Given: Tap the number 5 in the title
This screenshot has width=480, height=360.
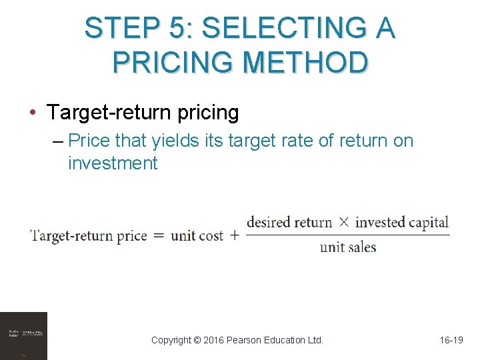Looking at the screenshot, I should pos(178,29).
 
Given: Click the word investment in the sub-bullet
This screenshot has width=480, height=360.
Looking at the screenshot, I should pos(113,163).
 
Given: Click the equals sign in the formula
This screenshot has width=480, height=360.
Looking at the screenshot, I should pos(159,235).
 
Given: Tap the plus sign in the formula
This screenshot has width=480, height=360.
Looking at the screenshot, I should pos(234,235).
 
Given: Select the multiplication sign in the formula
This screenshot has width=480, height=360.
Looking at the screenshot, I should pos(343,222).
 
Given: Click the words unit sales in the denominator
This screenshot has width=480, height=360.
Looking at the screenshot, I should pos(348,247).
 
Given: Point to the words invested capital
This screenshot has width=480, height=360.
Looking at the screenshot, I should pos(401,223).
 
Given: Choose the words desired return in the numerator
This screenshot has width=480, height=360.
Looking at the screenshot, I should pos(289,223).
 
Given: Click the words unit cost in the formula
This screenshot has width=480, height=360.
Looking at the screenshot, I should pos(197,235).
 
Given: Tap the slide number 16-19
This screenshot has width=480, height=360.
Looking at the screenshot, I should pos(451,340).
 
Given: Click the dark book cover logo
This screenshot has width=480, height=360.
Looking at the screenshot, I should pos(24,335).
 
